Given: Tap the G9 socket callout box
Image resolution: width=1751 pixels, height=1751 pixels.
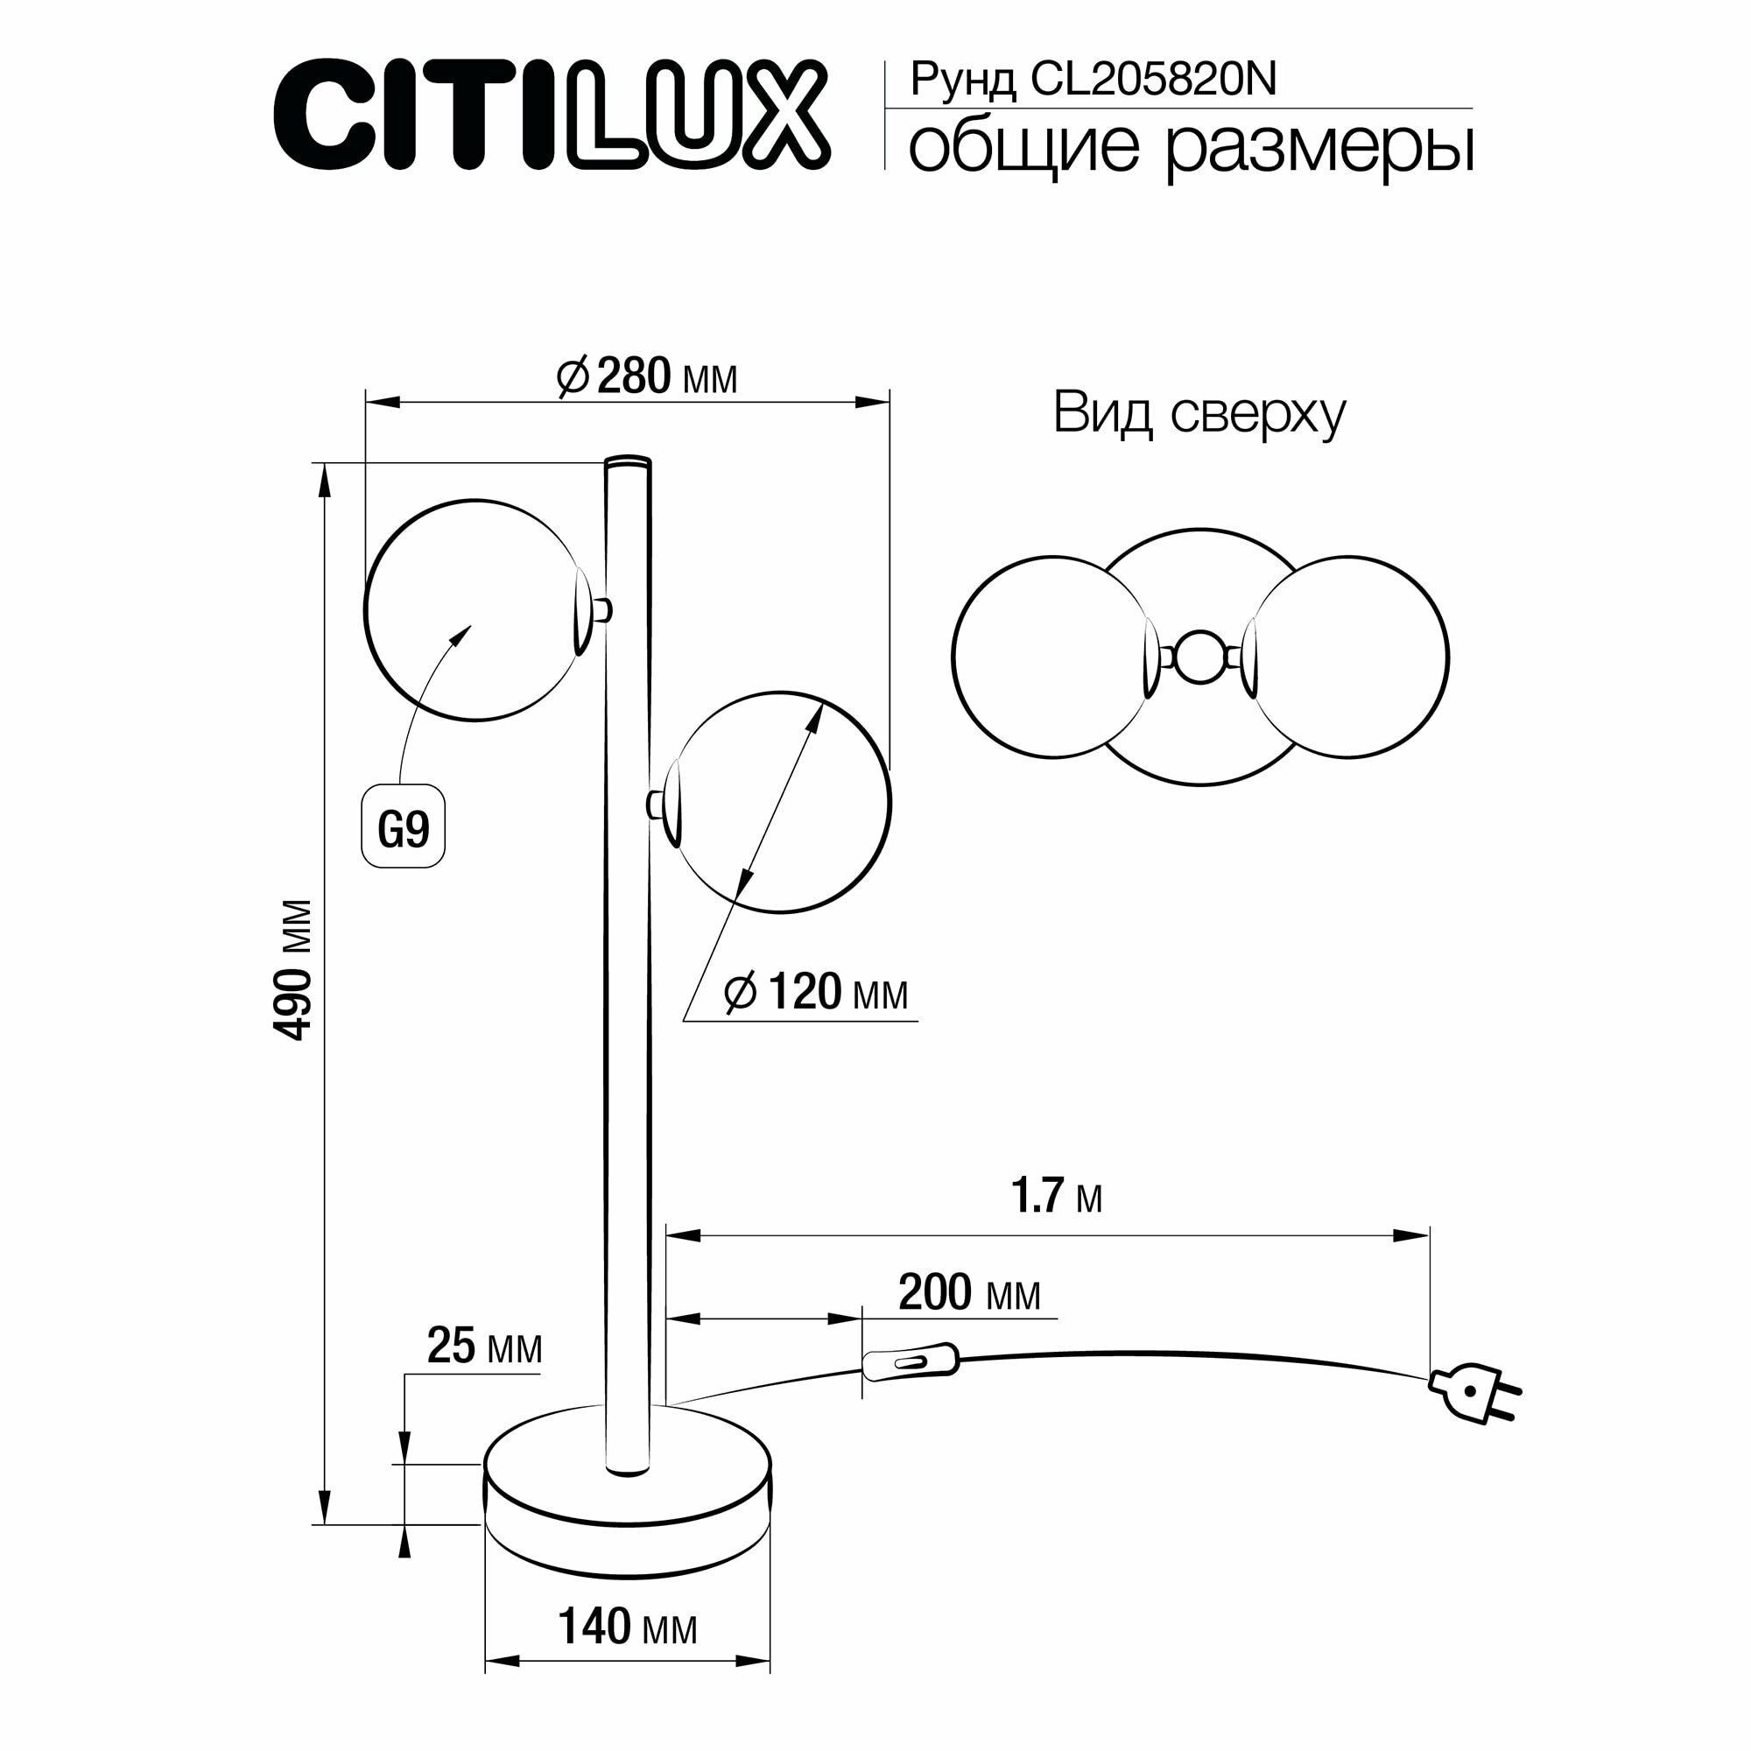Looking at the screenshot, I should [404, 826].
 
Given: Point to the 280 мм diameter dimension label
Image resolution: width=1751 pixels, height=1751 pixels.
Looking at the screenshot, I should [647, 377].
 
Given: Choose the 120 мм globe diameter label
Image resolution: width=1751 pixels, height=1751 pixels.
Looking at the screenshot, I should [816, 993].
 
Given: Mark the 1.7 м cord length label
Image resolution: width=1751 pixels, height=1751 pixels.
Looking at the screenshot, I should [1056, 1196].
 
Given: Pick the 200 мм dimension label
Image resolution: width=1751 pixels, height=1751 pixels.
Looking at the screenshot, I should [969, 1293].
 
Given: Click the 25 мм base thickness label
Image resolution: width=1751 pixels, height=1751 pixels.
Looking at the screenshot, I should [484, 1347].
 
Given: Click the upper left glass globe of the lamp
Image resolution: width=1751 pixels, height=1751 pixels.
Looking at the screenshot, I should [473, 610].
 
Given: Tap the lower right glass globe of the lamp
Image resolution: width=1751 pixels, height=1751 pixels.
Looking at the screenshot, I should [781, 802].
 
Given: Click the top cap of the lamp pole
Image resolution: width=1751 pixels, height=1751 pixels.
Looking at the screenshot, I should [627, 461].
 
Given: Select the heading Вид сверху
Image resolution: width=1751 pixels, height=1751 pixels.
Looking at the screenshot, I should [1199, 414].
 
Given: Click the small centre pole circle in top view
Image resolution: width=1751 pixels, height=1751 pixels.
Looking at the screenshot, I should [1199, 658].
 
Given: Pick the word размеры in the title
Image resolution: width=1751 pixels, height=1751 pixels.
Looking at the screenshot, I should [1319, 148].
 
